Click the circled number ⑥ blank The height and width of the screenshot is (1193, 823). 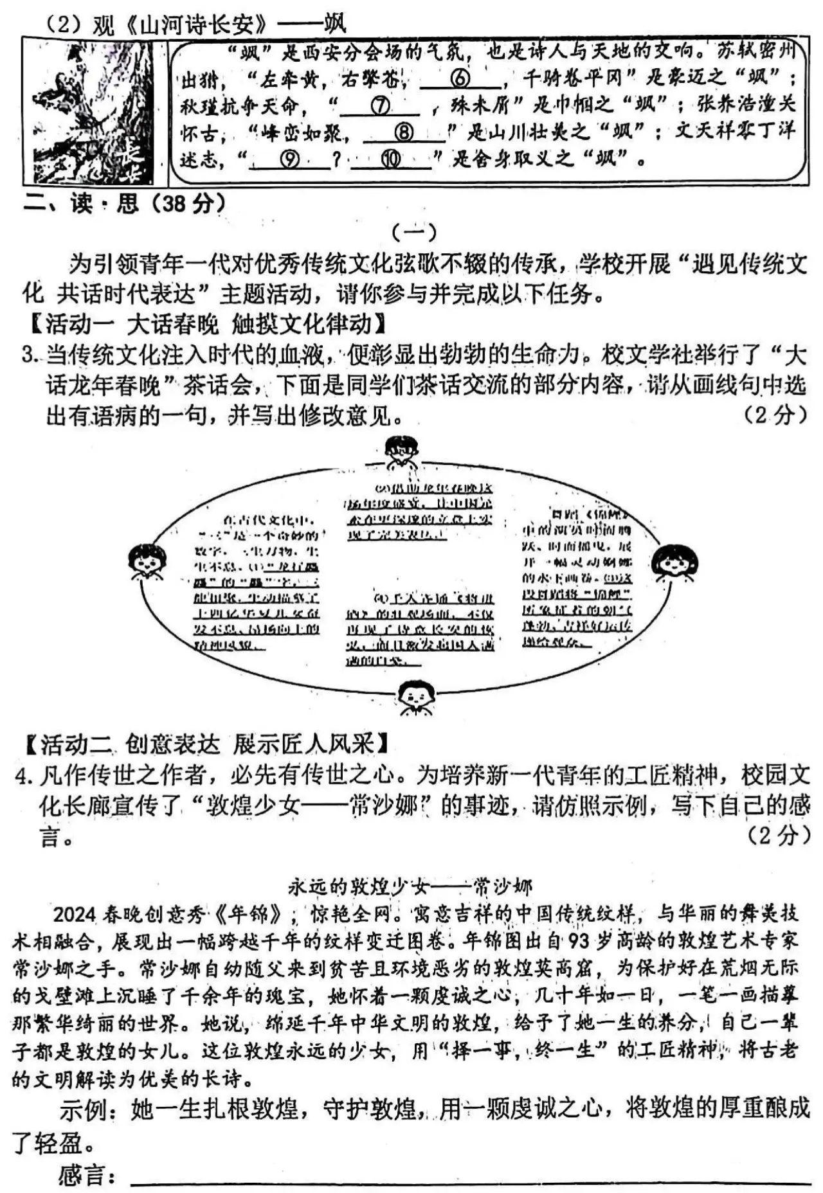[x=460, y=79]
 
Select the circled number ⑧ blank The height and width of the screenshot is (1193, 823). [x=404, y=133]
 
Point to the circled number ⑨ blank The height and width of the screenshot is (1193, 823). [x=291, y=160]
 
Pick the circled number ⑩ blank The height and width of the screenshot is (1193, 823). [x=391, y=160]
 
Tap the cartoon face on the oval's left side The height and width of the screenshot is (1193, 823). [x=147, y=561]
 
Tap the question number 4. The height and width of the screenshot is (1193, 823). [x=24, y=776]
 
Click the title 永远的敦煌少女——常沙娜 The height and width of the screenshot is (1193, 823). [x=411, y=887]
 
